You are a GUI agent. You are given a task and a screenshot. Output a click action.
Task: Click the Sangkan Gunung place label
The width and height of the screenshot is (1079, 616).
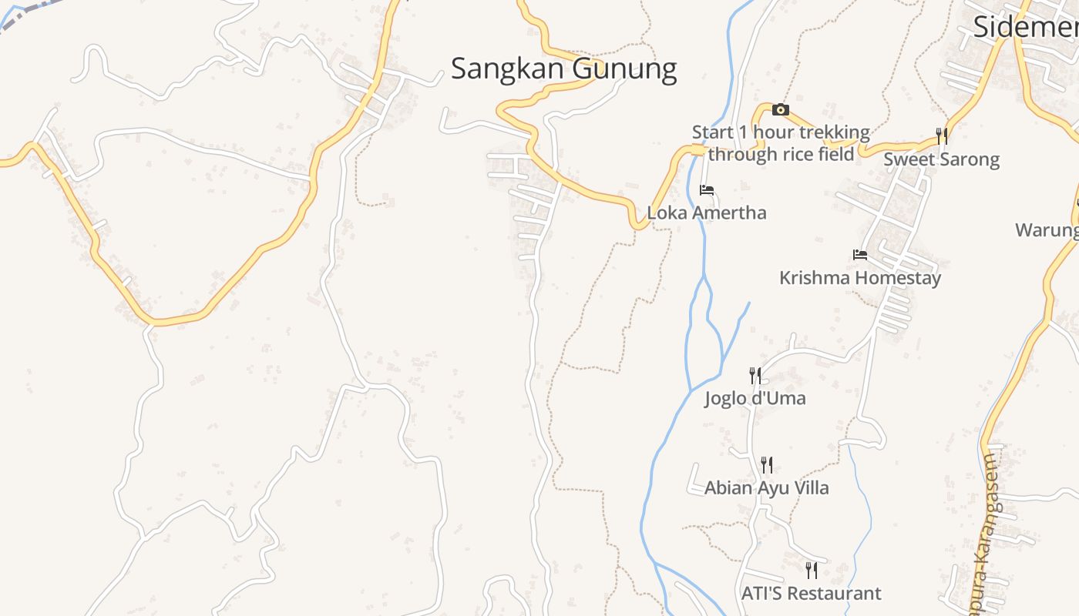pos(563,69)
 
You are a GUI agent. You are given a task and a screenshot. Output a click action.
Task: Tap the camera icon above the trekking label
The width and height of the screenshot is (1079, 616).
pos(780,110)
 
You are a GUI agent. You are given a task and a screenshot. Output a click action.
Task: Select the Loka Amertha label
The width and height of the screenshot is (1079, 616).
pos(707,213)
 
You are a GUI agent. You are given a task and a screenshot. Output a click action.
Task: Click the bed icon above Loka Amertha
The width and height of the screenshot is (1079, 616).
pos(706,190)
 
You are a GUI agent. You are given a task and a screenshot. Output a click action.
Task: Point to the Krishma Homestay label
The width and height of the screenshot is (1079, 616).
pos(860,277)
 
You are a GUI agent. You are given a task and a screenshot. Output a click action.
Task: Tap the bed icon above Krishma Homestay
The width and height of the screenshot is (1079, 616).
pos(860,255)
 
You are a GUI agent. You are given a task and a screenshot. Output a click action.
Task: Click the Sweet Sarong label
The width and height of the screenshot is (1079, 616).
pos(941,159)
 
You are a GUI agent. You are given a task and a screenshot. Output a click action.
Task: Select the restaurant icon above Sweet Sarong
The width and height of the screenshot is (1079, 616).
pos(941,136)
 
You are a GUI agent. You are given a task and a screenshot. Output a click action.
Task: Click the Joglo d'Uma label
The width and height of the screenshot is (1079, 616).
pos(755,398)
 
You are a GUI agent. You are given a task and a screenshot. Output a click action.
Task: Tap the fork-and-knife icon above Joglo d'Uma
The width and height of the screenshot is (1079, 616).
pos(755,376)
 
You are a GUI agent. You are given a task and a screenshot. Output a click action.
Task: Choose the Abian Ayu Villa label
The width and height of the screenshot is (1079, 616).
pos(767,487)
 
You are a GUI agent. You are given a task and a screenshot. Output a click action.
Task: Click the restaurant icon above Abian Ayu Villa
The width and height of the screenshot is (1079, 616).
pos(766,465)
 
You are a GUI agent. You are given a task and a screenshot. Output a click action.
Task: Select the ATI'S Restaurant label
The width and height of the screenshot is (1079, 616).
pos(811,594)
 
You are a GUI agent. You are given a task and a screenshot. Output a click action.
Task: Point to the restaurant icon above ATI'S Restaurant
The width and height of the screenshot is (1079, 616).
pos(811,571)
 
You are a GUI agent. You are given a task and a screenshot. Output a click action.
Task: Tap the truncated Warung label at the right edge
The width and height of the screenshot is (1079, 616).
pos(1047,229)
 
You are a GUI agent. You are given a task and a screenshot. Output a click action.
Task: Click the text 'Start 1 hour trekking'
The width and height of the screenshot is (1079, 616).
pos(781,132)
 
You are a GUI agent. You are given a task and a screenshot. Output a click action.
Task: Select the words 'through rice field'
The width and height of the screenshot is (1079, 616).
pos(781,154)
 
